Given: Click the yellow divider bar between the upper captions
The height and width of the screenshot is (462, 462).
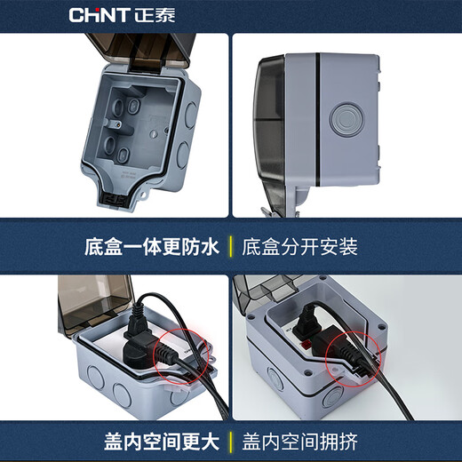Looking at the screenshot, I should [231, 246].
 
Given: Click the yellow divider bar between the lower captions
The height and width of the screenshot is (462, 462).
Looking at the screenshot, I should [231, 440].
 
